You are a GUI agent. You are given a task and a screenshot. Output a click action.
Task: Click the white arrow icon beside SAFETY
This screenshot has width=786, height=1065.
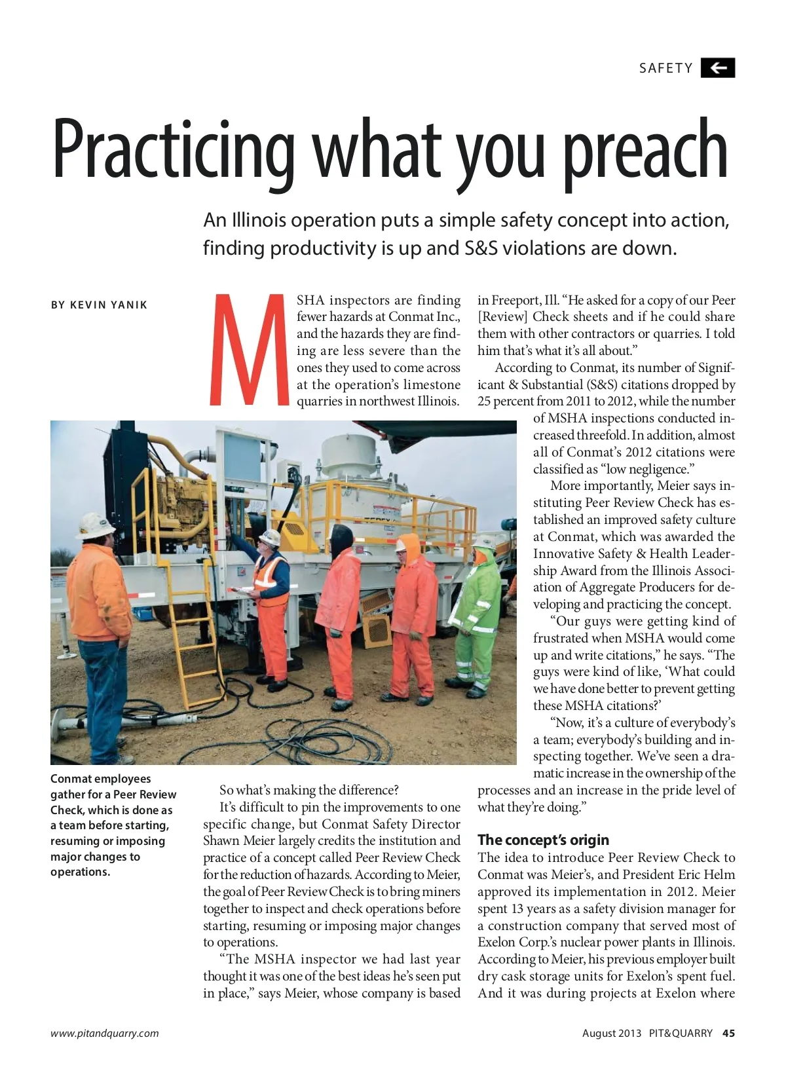(x=718, y=68)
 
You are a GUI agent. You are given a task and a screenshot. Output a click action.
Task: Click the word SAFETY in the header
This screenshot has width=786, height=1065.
(x=665, y=68)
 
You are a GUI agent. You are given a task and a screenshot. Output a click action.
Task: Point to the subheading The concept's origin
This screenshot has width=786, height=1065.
(x=543, y=840)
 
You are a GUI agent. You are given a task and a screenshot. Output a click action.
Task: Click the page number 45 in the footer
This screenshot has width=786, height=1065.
(x=728, y=1033)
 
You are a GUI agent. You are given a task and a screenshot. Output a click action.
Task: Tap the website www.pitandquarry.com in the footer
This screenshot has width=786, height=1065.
(x=104, y=1033)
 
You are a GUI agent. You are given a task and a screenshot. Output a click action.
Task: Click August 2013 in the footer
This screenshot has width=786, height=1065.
(x=612, y=1033)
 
